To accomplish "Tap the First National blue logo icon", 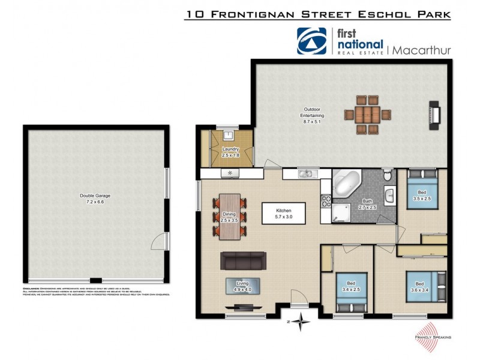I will (312, 41).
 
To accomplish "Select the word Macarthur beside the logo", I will (420, 50).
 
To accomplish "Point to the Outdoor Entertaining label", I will (313, 115).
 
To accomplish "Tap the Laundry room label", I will (230, 152).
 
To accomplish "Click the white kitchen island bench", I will (283, 214).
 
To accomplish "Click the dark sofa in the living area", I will (243, 261).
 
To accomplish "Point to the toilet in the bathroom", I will (387, 175).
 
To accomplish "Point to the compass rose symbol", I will (300, 321).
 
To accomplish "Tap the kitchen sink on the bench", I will (306, 174).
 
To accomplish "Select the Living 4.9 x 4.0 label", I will (242, 286).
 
